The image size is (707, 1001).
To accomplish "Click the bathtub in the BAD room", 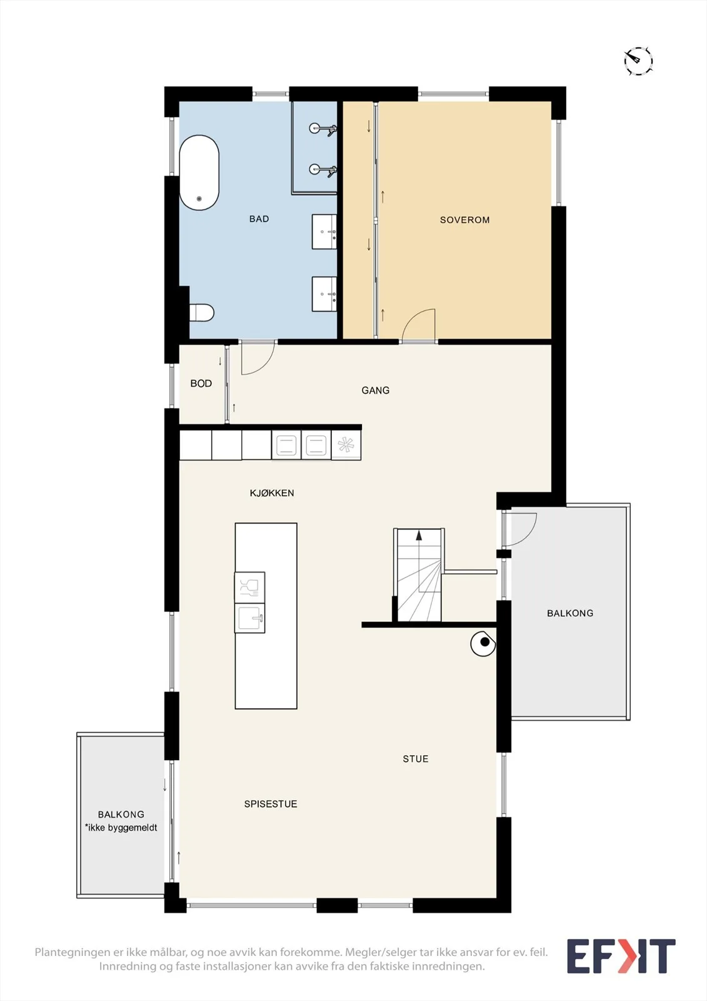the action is (199, 173).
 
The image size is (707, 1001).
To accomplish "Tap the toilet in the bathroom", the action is (201, 312).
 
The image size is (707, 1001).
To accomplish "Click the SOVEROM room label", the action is (464, 220).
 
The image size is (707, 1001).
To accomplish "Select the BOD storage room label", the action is (201, 384).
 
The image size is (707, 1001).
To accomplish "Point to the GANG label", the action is (375, 390).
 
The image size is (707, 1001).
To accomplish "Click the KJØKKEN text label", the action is (271, 493).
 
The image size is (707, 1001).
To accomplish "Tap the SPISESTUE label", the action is (270, 804).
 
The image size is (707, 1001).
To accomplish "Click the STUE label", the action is (415, 759).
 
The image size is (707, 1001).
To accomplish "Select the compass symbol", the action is (638, 61).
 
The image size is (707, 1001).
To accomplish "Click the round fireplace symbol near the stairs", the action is (483, 644).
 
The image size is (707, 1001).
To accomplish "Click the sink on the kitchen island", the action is (250, 618).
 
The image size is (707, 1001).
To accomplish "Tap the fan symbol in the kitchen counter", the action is (346, 445).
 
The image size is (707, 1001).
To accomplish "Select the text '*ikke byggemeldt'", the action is (121, 828).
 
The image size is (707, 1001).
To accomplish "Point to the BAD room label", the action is (259, 219).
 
